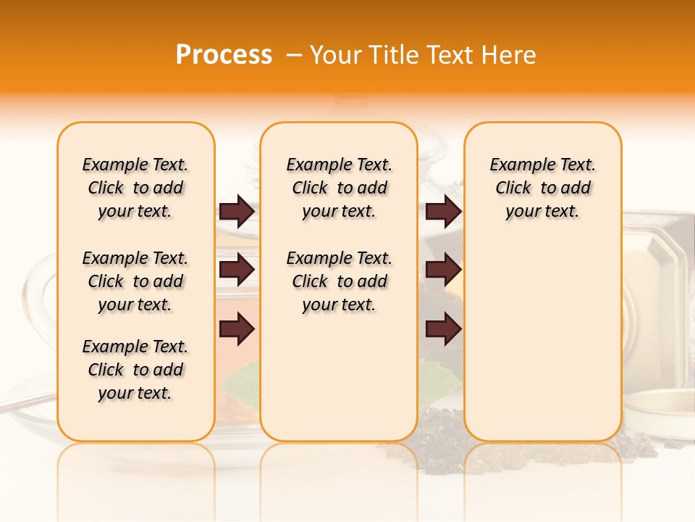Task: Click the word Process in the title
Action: click(224, 55)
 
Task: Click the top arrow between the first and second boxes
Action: click(237, 212)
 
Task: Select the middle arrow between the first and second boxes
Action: click(237, 270)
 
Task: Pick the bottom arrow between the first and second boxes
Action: click(237, 329)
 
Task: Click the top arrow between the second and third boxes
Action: click(443, 212)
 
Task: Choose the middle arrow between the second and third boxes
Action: click(443, 270)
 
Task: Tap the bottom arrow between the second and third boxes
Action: click(443, 329)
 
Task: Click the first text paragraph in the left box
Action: click(135, 188)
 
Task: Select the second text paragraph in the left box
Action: click(135, 281)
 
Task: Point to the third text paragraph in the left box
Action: click(135, 370)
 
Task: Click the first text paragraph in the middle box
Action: click(340, 188)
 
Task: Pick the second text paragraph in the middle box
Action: click(340, 281)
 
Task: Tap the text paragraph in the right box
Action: click(543, 188)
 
